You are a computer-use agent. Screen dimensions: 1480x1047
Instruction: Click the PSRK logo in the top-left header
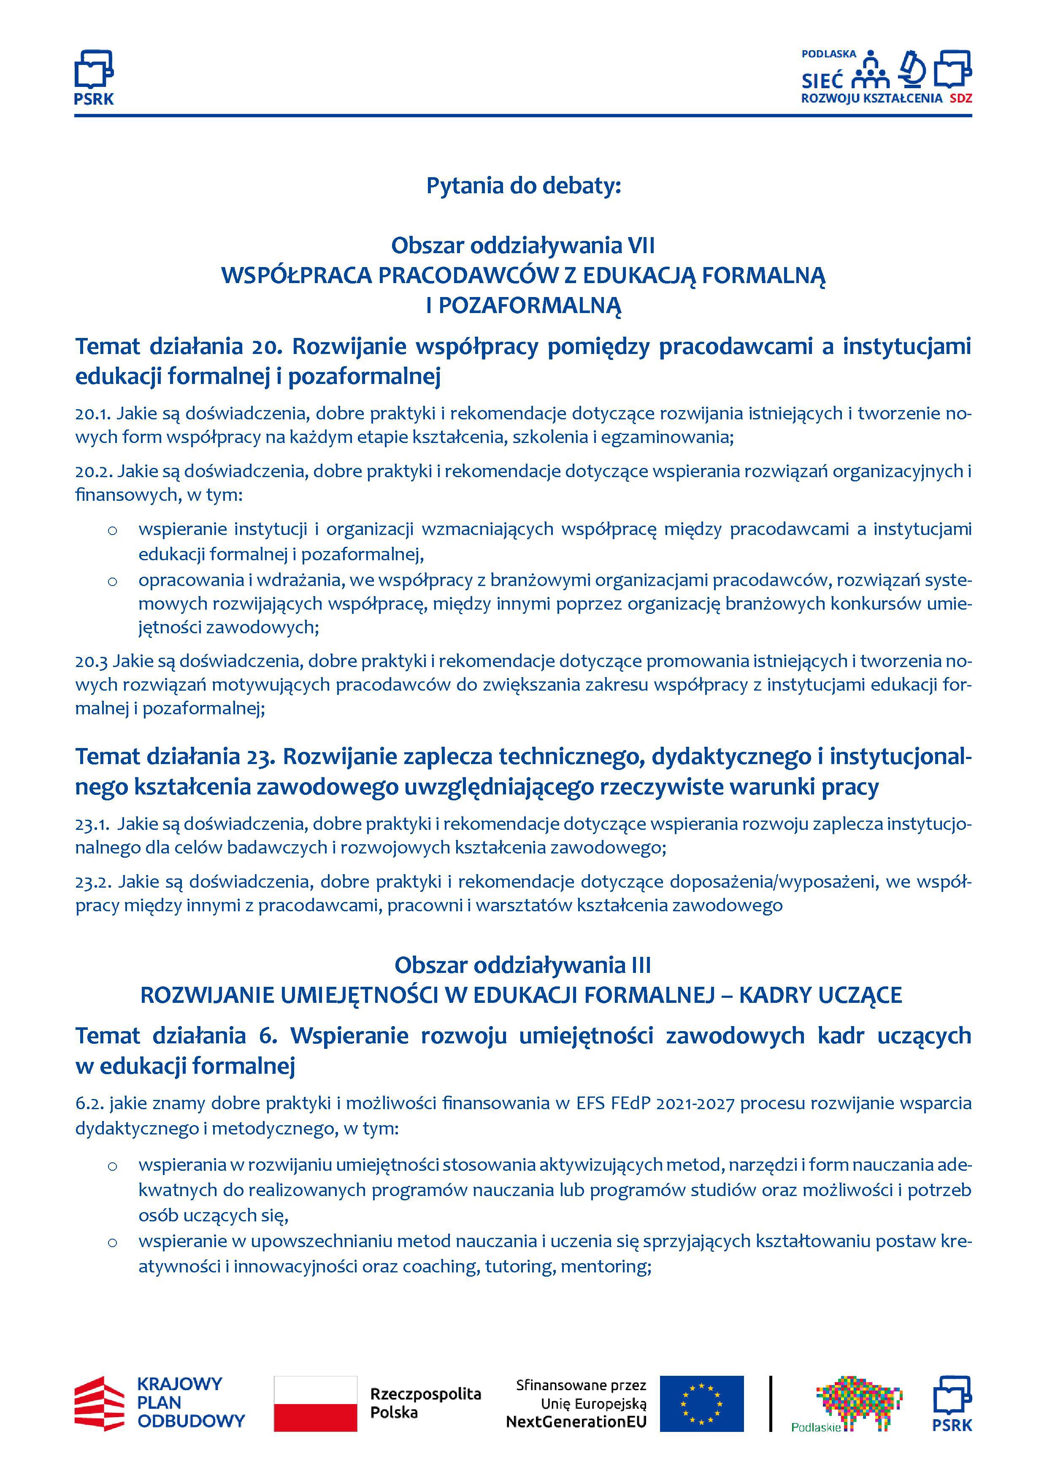[94, 77]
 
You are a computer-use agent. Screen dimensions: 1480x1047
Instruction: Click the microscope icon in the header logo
[912, 69]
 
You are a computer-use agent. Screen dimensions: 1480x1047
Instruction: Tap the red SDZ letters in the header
[960, 99]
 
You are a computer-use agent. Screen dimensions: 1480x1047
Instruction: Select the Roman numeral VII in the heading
[641, 246]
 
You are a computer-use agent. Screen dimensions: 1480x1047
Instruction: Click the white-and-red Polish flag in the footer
[315, 1403]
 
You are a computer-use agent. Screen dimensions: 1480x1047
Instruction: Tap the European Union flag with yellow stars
[701, 1403]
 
